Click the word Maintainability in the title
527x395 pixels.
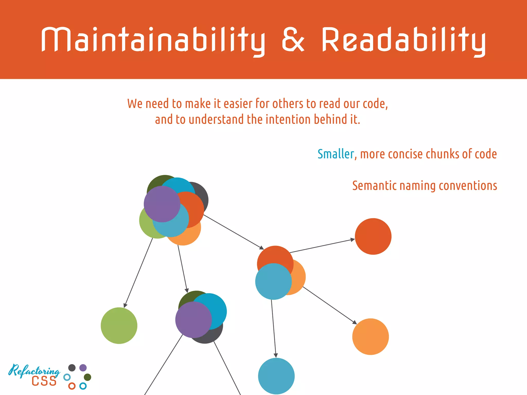[x=153, y=40]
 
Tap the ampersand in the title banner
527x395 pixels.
[x=293, y=40]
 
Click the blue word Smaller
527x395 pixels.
[x=336, y=154]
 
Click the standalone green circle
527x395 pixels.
[x=119, y=326]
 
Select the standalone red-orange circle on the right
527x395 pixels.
[x=373, y=236]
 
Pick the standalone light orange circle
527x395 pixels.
[x=371, y=337]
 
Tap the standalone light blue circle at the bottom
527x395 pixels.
[x=276, y=376]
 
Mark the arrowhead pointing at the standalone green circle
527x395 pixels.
[x=125, y=305]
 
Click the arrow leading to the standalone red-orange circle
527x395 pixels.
[x=322, y=246]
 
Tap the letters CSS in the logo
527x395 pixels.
[x=44, y=381]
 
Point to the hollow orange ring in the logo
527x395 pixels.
[x=72, y=386]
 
